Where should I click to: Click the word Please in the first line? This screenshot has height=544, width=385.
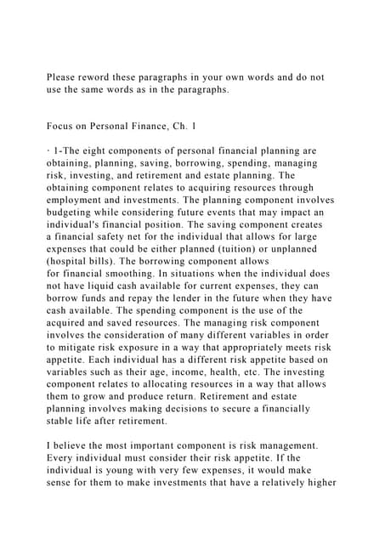click(x=62, y=77)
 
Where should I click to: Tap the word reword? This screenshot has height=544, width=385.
click(x=100, y=77)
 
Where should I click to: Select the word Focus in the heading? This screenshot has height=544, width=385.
click(x=61, y=126)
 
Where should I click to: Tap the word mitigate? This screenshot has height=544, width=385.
click(x=84, y=347)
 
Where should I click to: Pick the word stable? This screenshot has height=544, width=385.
click(x=61, y=420)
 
